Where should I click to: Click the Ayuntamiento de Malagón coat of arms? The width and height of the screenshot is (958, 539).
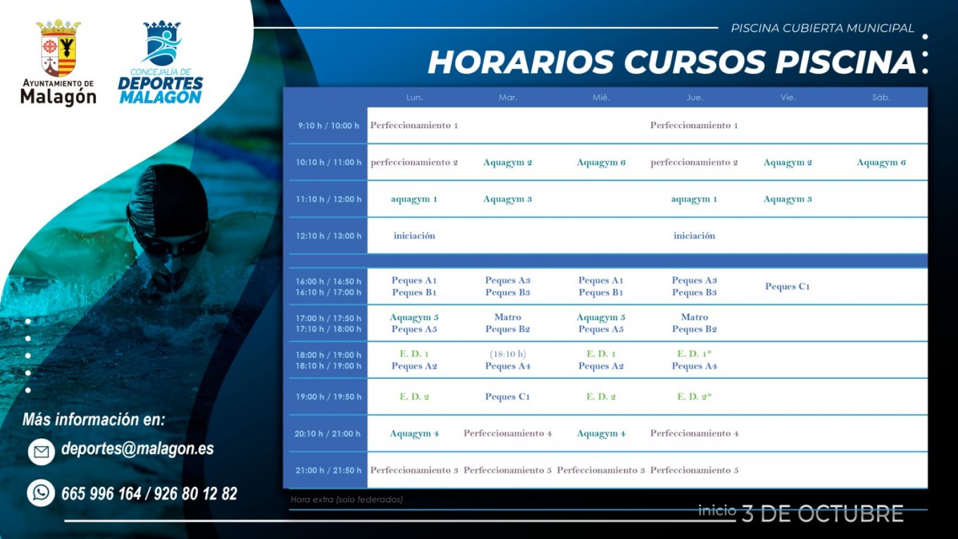coord(58,48)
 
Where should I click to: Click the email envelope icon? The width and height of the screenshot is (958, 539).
coord(42,452)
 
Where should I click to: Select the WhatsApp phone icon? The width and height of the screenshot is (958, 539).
coord(41,492)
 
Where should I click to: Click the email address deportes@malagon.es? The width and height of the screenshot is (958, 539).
coord(137,449)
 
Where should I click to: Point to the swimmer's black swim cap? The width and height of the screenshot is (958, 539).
coord(169,201)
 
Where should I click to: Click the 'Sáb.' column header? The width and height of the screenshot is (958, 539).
coord(881,97)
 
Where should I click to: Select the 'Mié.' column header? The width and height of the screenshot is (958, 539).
coord(601,97)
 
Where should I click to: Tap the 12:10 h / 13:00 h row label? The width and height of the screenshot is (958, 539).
coord(328,236)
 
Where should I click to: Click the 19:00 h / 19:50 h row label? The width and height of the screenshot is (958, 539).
coord(328,397)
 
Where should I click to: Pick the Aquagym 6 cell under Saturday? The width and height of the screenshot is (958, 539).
coord(881,163)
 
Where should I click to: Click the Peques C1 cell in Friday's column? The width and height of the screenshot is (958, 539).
coord(788,286)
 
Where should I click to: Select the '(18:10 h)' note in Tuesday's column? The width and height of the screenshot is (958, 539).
coord(508,354)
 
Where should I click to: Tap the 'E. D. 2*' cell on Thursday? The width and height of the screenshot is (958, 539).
coord(694,397)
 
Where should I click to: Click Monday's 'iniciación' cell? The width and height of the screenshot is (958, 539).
coord(414,236)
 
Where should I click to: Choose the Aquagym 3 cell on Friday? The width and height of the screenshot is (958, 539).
coord(788,199)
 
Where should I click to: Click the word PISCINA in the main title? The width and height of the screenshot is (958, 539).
coord(845,63)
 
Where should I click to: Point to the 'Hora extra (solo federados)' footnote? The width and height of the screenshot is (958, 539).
coord(347,500)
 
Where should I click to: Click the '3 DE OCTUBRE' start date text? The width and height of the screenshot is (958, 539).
coord(823,514)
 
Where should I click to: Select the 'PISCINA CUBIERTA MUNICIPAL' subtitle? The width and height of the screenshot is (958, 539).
coord(823,28)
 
